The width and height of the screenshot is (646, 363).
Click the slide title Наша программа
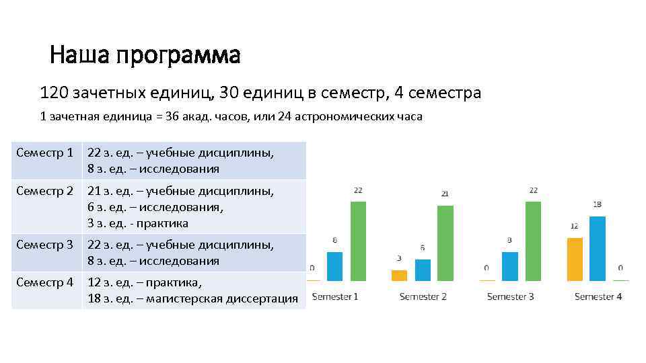click(145, 55)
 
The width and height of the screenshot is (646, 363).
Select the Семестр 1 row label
click(44, 153)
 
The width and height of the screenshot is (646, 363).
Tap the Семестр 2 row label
click(44, 191)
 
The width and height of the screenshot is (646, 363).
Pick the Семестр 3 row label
click(44, 245)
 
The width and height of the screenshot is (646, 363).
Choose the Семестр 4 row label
click(44, 282)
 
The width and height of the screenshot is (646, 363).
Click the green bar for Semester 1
click(358, 241)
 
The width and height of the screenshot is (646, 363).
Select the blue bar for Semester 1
click(334, 266)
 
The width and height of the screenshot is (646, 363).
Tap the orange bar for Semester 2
click(399, 275)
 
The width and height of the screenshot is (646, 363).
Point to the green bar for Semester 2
click(445, 243)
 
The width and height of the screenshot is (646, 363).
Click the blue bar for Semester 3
click(510, 266)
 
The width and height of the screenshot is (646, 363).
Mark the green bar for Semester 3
click(534, 241)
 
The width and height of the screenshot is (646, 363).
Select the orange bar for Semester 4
click(574, 259)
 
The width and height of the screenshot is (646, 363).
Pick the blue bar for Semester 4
click(598, 248)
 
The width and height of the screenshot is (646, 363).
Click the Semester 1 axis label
click(335, 296)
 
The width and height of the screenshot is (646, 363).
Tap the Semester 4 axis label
click(598, 296)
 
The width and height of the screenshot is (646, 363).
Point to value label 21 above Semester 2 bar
click(445, 194)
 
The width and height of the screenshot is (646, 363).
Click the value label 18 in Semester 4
click(598, 204)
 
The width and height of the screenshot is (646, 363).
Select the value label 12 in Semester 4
click(574, 226)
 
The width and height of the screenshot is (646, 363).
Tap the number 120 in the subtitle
click(52, 93)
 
